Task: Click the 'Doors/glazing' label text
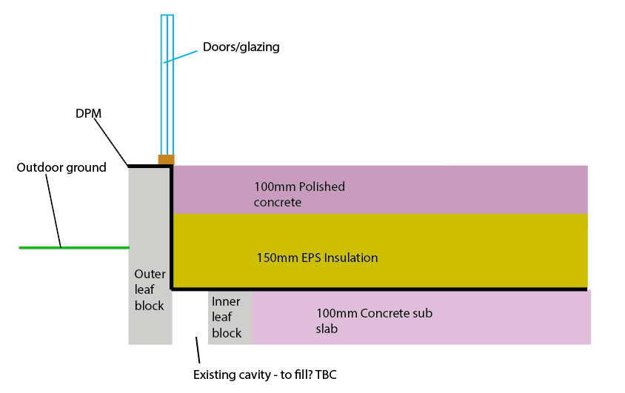241,47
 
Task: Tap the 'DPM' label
88,113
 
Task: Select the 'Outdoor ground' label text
61,167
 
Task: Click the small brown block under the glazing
167,159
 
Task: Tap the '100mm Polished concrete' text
299,194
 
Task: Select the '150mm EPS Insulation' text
317,258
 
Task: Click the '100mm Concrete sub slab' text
374,320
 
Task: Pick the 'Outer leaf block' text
150,289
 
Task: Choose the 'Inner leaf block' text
227,317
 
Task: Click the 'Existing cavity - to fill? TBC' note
265,374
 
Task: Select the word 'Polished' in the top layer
321,187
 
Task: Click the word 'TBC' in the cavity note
325,374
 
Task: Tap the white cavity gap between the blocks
190,318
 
